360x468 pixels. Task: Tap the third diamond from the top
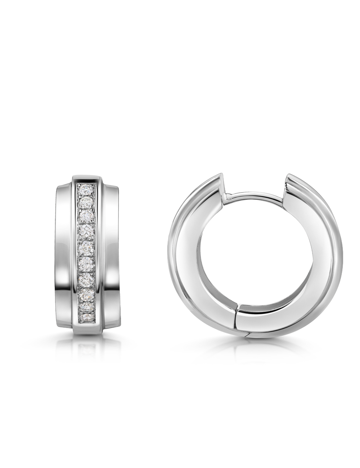(86, 216)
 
